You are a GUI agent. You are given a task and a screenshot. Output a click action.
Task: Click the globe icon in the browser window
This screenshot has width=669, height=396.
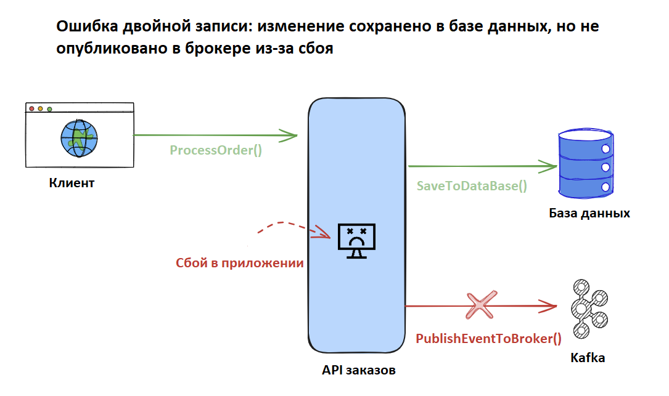point(79,138)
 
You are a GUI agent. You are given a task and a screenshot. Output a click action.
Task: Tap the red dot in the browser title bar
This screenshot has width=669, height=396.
point(31,109)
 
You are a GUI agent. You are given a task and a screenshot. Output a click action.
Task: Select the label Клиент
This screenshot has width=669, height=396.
point(72,183)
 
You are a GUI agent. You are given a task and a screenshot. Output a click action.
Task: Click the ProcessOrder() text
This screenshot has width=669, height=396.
point(216,150)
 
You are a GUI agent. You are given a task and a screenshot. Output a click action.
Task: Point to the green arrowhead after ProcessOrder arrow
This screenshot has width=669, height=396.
point(290,135)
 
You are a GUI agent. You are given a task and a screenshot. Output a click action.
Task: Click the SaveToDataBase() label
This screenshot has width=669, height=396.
point(472,185)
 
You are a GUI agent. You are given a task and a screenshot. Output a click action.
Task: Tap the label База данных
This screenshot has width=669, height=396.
point(589,214)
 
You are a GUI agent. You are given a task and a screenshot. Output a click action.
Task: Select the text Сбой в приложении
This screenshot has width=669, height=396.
point(239,263)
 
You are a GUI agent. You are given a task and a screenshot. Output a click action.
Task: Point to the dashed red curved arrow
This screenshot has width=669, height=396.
point(290,226)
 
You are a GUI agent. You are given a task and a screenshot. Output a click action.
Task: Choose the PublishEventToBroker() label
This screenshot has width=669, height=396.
point(489,338)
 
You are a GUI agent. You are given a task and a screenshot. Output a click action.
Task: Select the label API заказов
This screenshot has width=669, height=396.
point(358,371)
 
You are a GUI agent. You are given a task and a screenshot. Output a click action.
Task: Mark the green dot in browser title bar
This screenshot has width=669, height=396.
point(49,109)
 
